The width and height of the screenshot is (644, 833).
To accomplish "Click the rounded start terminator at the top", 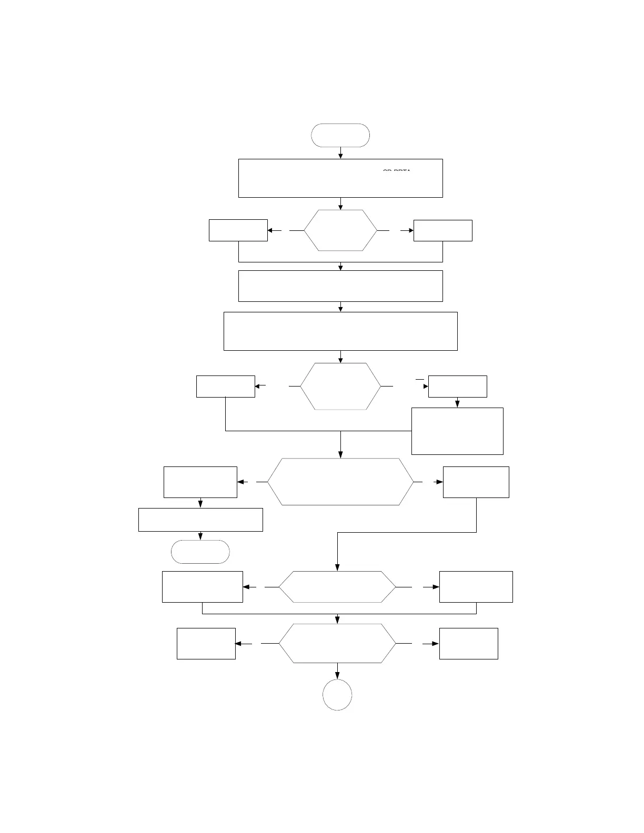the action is (x=340, y=135).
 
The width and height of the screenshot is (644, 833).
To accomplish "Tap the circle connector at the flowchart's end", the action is (x=337, y=695).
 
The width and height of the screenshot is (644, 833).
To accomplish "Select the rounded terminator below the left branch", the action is (x=200, y=552).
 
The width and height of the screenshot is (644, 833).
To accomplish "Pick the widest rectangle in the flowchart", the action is (x=340, y=331).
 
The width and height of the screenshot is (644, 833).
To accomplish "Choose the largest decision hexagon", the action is (x=340, y=482).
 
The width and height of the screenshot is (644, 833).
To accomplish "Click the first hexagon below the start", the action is (x=340, y=230).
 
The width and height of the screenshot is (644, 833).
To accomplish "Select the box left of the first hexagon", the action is (x=238, y=230).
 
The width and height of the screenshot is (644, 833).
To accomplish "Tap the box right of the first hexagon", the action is (x=442, y=230).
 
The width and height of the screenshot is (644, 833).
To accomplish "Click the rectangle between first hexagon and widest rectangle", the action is (x=340, y=286).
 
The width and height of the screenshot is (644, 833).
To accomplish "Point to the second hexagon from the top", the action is (x=340, y=386).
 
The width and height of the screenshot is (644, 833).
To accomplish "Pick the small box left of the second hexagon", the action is (x=226, y=386).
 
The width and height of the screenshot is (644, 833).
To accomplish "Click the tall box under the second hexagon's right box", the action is (x=457, y=431).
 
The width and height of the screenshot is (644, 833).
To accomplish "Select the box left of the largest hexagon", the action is (x=200, y=482).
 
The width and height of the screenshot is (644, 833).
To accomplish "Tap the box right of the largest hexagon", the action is (x=476, y=482).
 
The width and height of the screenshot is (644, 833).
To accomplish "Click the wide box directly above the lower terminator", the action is (x=200, y=520).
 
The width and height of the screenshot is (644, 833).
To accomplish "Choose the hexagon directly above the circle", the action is (x=337, y=643).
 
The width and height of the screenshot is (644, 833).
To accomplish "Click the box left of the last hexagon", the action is (x=206, y=643).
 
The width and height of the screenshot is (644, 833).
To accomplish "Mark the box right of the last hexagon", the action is (x=469, y=643).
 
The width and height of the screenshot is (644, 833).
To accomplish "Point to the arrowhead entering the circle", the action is (x=337, y=676).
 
